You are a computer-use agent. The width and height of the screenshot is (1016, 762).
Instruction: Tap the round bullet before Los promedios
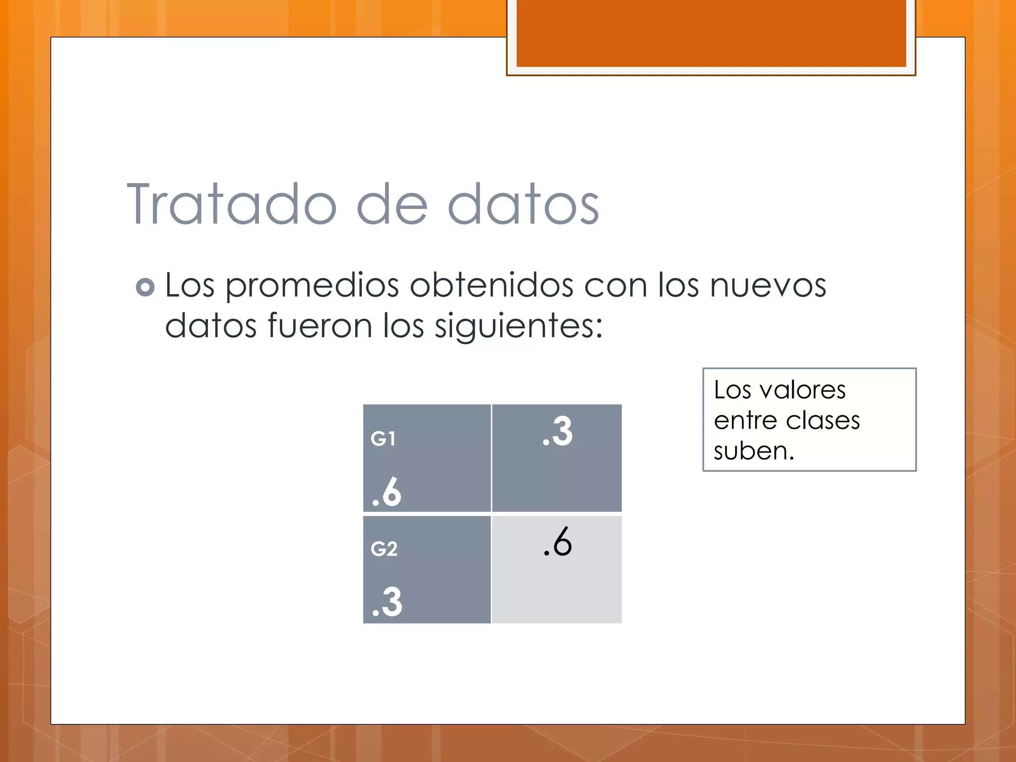tap(145, 287)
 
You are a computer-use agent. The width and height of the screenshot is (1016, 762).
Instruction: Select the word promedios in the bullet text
tap(313, 286)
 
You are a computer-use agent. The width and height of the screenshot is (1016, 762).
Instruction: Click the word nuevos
tap(767, 286)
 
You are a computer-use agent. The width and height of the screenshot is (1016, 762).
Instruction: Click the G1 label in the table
tap(383, 439)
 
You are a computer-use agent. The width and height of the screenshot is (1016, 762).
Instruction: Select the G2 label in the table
tap(384, 549)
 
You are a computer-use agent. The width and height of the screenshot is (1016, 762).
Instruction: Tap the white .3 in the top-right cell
tap(557, 432)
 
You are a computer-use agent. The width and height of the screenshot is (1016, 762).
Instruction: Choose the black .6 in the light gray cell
tap(557, 542)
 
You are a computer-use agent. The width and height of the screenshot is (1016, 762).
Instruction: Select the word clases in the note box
tap(823, 421)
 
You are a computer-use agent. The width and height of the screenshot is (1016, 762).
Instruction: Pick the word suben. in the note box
tap(754, 451)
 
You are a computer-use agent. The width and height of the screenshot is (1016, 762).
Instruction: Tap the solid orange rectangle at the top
tap(711, 33)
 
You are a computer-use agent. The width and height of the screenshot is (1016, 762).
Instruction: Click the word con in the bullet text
tap(616, 286)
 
